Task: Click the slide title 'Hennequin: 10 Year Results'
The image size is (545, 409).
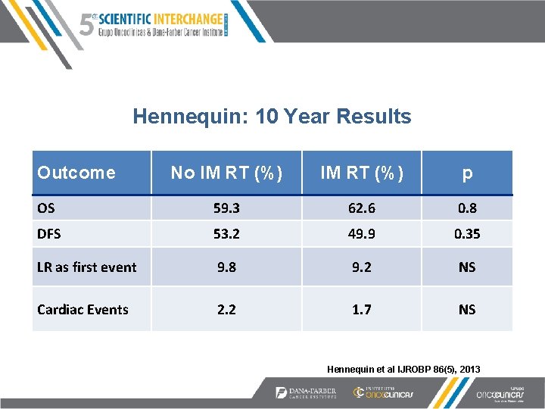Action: (x=272, y=117)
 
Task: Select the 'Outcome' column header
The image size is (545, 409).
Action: (x=76, y=173)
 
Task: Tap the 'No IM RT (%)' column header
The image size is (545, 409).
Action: (x=227, y=173)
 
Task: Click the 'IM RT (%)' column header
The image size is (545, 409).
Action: (x=361, y=173)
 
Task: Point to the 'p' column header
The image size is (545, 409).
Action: (x=467, y=173)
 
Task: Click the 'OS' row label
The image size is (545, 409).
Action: (x=47, y=208)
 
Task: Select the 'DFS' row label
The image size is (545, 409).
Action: (x=51, y=234)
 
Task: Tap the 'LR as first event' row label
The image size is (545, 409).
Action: (x=87, y=267)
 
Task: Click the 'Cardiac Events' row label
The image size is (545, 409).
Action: (x=83, y=309)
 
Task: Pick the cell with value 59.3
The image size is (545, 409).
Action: (x=227, y=208)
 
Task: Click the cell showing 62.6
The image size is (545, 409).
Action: (x=361, y=208)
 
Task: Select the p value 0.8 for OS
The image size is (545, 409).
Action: (x=467, y=208)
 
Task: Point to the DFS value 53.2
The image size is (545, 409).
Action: (x=227, y=234)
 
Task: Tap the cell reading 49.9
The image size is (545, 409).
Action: (x=361, y=234)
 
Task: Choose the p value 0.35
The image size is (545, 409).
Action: (x=467, y=234)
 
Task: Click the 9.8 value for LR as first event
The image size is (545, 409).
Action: (x=227, y=267)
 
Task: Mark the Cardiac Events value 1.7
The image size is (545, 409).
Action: (x=361, y=309)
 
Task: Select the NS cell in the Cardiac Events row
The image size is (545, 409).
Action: (x=467, y=309)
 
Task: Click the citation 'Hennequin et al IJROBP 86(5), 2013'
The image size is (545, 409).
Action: (x=403, y=369)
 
